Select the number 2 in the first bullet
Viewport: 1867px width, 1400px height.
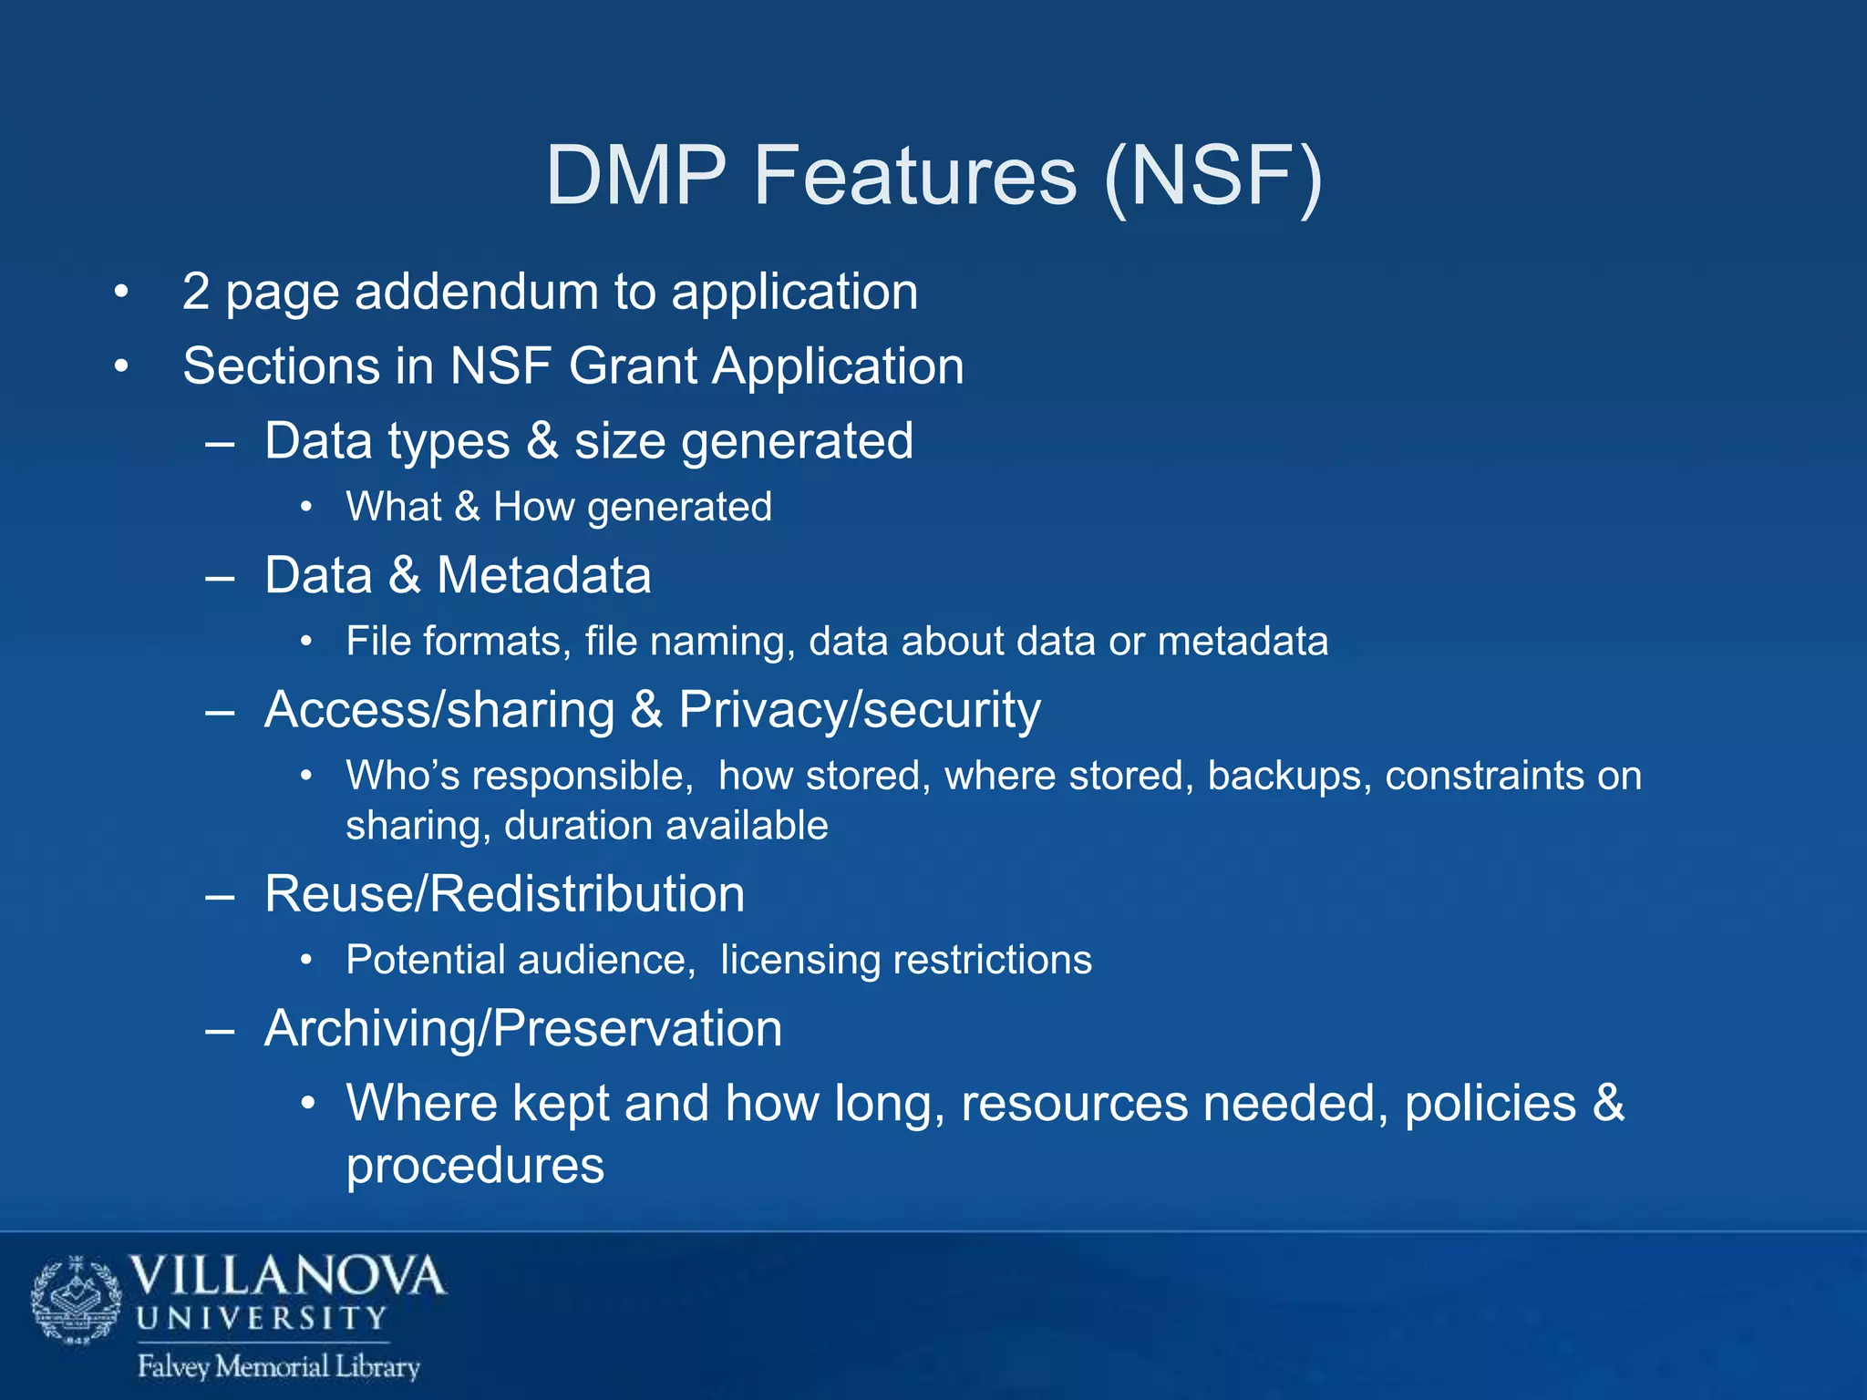click(x=196, y=292)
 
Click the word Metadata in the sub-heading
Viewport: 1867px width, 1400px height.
click(x=543, y=575)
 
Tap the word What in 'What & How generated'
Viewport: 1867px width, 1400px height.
click(x=393, y=507)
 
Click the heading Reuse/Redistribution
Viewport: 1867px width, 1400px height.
click(x=504, y=893)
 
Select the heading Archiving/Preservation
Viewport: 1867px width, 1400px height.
click(x=523, y=1028)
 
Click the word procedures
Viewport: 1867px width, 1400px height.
click(x=475, y=1165)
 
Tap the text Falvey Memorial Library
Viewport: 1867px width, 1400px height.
click(x=278, y=1366)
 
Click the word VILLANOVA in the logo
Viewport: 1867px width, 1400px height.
click(x=287, y=1276)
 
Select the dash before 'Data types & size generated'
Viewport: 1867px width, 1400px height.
click(x=221, y=442)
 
